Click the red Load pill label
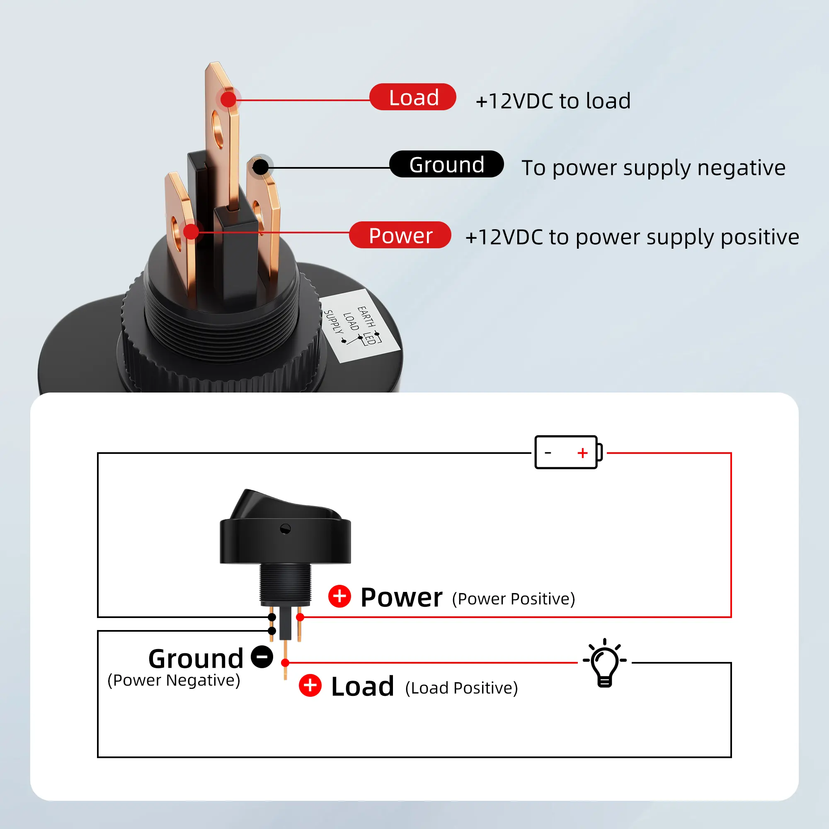coord(412,97)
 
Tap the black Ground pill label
coord(446,164)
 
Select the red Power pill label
coord(400,235)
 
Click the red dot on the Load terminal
coord(228,99)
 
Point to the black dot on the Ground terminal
coord(260,167)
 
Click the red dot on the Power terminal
coord(191,232)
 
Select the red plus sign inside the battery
coord(582,453)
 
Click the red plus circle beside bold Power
coord(339,596)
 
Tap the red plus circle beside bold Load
coord(310,685)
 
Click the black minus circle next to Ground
coord(262,657)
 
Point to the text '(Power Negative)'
coord(174,680)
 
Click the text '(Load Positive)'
coord(461,688)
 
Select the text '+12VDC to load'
coord(553,101)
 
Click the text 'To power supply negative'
coord(653,168)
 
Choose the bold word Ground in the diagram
coord(196,659)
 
